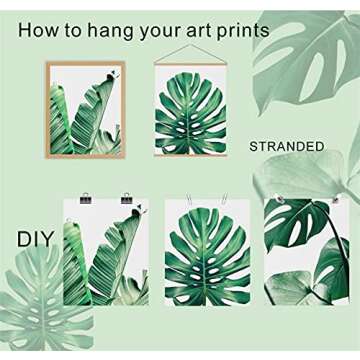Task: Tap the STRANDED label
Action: coord(286,146)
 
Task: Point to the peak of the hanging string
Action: coord(190,45)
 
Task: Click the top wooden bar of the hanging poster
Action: coord(190,64)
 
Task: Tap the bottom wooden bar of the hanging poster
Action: coord(190,155)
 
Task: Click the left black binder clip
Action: coord(85,199)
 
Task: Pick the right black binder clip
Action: coord(127,199)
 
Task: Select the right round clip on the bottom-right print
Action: coord(334,201)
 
